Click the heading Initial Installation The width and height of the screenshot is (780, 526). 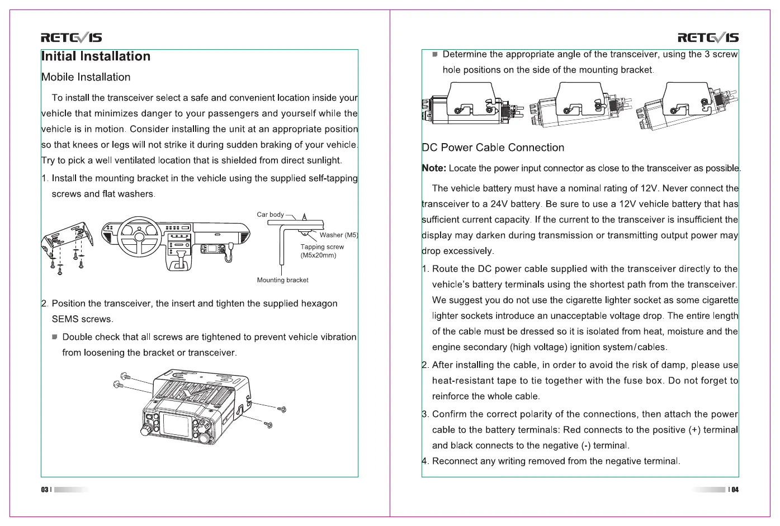[96, 56]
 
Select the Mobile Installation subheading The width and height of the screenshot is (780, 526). [86, 77]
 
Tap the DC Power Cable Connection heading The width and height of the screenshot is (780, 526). [493, 148]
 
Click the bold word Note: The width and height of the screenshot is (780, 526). [434, 168]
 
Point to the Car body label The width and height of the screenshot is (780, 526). [270, 215]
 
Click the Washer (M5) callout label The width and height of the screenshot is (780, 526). [338, 235]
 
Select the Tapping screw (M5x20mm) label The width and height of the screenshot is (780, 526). [322, 251]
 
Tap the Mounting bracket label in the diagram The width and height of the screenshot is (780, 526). [282, 280]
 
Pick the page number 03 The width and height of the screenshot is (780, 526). [44, 490]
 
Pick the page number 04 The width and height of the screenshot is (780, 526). [735, 490]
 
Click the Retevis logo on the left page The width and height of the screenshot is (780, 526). [72, 38]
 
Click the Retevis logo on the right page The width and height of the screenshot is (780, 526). [708, 38]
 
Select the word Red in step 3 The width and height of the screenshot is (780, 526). [571, 430]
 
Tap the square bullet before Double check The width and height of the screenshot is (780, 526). [55, 337]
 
